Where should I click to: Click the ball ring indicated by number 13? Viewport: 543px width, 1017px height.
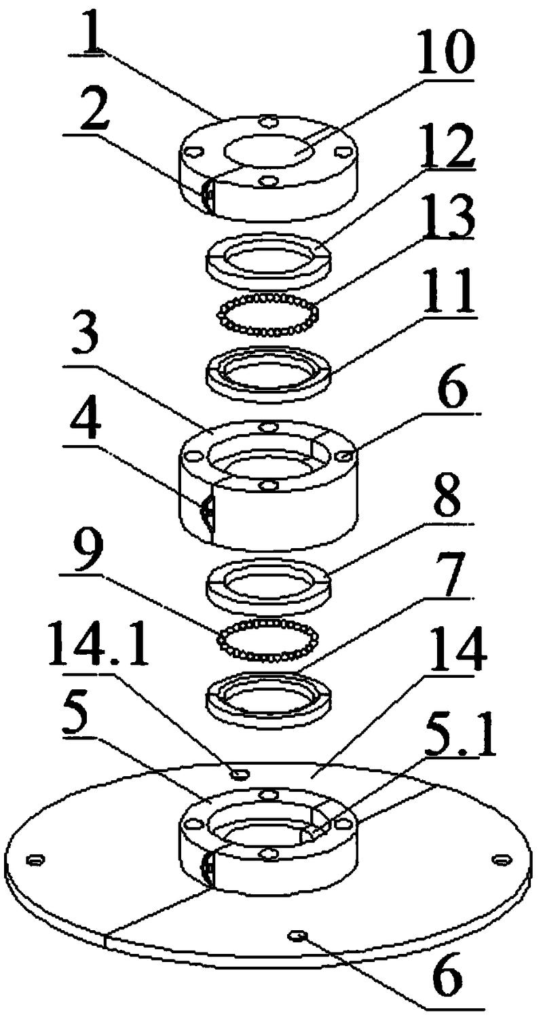pyautogui.click(x=267, y=315)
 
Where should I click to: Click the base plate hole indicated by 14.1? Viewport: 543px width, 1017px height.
pyautogui.click(x=238, y=773)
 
